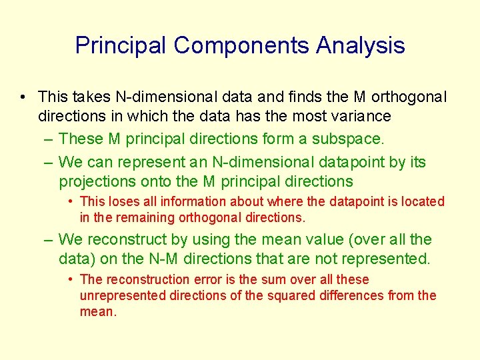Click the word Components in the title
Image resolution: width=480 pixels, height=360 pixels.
pos(241,45)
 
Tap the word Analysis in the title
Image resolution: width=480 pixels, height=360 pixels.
pos(360,45)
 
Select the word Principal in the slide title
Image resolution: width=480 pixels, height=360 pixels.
pos(121,45)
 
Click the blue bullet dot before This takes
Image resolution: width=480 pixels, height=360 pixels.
pos(23,97)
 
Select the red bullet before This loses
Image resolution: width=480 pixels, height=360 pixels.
pos(70,201)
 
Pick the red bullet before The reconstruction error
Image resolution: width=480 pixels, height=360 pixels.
pos(70,279)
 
